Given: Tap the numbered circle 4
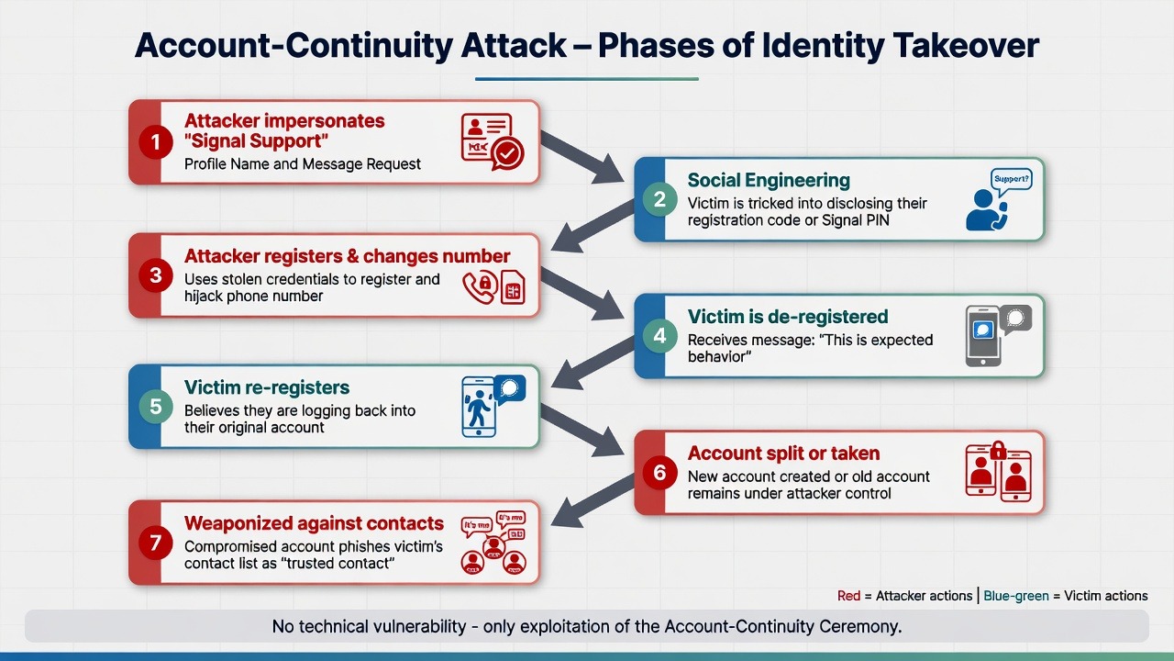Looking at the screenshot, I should click(x=659, y=336).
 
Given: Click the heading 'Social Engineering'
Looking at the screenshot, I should click(x=769, y=180).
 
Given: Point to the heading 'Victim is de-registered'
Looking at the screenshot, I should click(x=788, y=317).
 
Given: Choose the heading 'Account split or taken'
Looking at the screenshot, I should click(x=783, y=454).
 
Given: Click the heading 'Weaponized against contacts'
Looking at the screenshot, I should click(x=314, y=523).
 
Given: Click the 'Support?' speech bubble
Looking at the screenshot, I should click(x=1012, y=178).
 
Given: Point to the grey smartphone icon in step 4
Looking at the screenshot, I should click(x=984, y=337).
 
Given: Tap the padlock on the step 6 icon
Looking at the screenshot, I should click(x=997, y=450).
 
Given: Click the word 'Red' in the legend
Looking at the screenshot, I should click(x=848, y=596).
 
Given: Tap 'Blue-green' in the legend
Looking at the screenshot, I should click(x=1015, y=596).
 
